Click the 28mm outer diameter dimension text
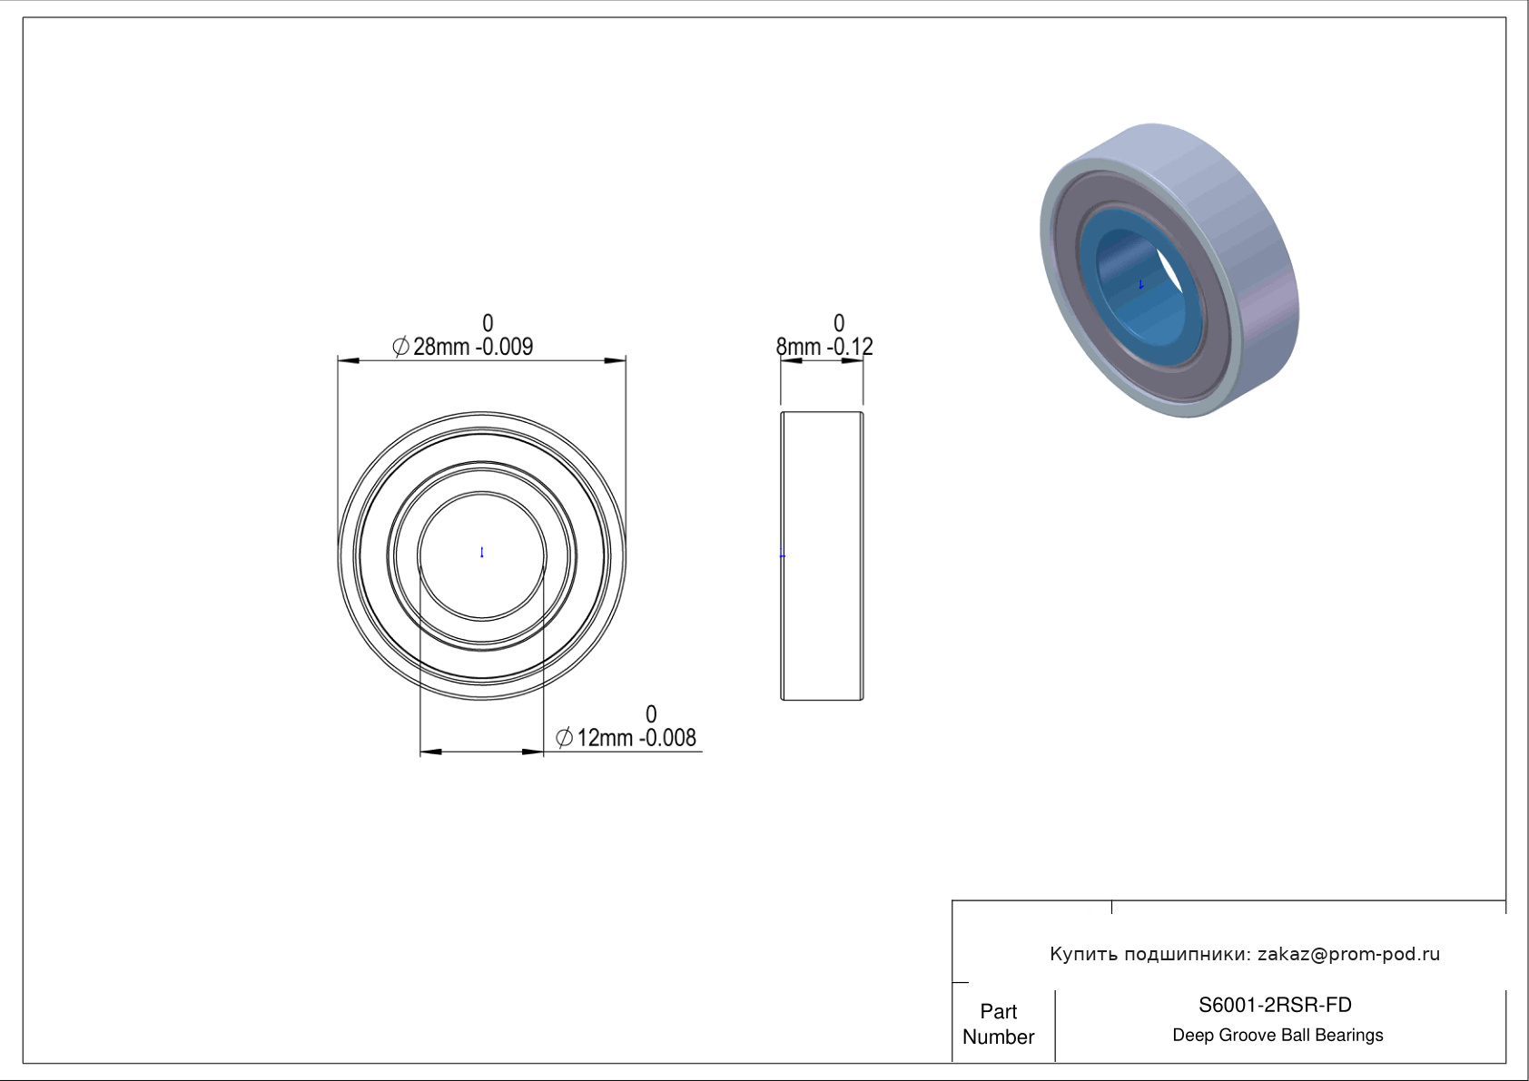pyautogui.click(x=463, y=347)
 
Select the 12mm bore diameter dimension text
pyautogui.click(x=626, y=738)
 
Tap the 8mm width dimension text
pyautogui.click(x=824, y=347)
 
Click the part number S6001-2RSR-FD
pyautogui.click(x=1275, y=1005)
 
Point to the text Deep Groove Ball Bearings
pyautogui.click(x=1277, y=1036)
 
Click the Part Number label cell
pyautogui.click(x=999, y=1024)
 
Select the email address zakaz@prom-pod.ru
pyautogui.click(x=1349, y=954)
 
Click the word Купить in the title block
pyautogui.click(x=1083, y=954)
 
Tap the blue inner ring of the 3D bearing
pyautogui.click(x=1092, y=300)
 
